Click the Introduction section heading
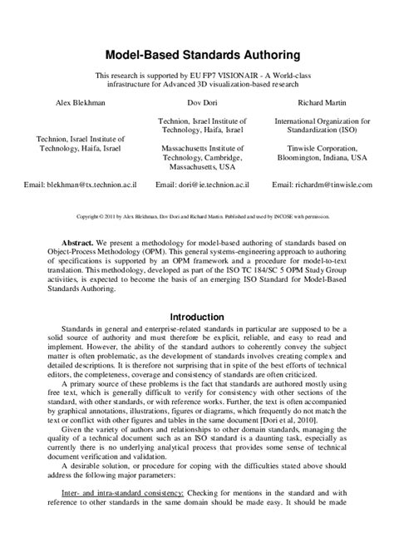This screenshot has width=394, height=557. [197, 317]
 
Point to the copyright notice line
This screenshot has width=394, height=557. [197, 215]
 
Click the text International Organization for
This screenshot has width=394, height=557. [323, 121]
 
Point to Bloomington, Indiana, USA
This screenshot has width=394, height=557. [323, 156]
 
